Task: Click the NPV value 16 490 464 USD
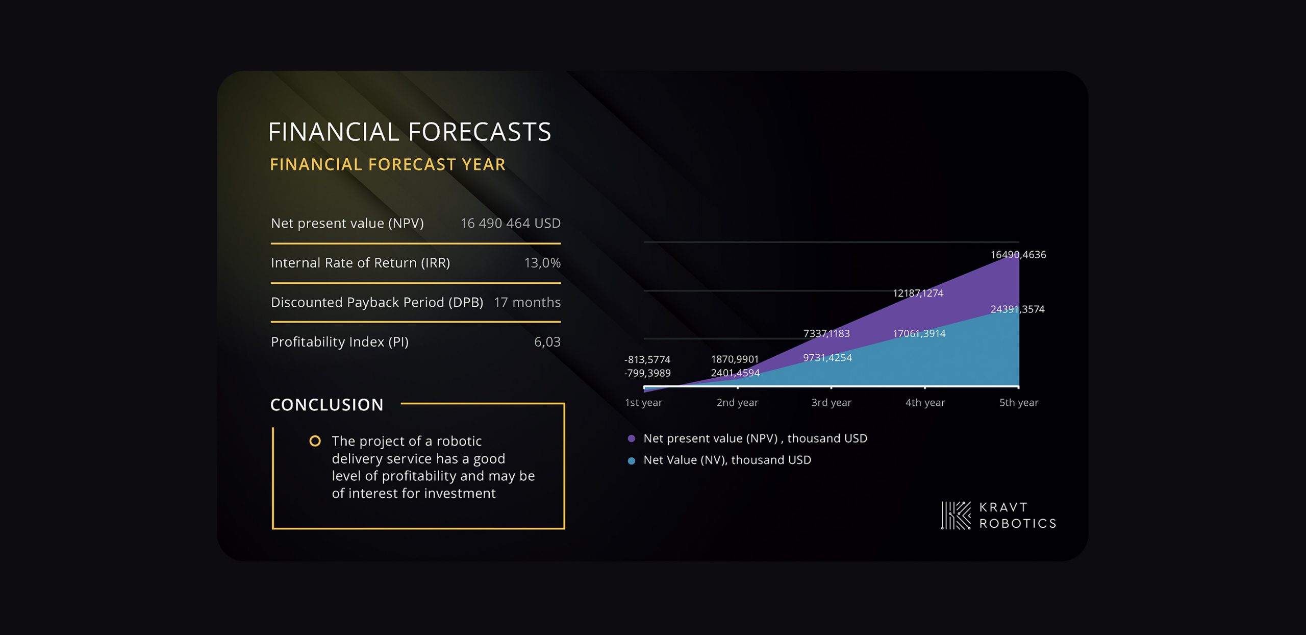(x=510, y=224)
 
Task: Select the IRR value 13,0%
(x=542, y=263)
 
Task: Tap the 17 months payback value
(x=527, y=302)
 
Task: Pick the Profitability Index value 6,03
(x=547, y=342)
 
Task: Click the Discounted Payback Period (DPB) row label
(x=377, y=303)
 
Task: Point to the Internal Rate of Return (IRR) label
(x=360, y=263)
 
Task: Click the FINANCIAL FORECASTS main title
(x=410, y=132)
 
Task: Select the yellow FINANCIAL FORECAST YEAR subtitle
(x=388, y=164)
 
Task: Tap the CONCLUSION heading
(x=326, y=405)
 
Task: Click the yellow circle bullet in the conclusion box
(x=315, y=441)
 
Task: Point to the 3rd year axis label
(x=831, y=403)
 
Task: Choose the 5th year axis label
(x=1018, y=403)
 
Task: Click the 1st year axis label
(x=643, y=403)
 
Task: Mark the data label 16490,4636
(x=1018, y=255)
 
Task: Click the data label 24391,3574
(x=1017, y=309)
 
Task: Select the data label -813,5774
(x=647, y=360)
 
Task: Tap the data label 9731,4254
(x=827, y=358)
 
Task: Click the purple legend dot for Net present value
(x=631, y=438)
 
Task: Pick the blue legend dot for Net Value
(x=631, y=461)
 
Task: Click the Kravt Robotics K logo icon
(x=956, y=515)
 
